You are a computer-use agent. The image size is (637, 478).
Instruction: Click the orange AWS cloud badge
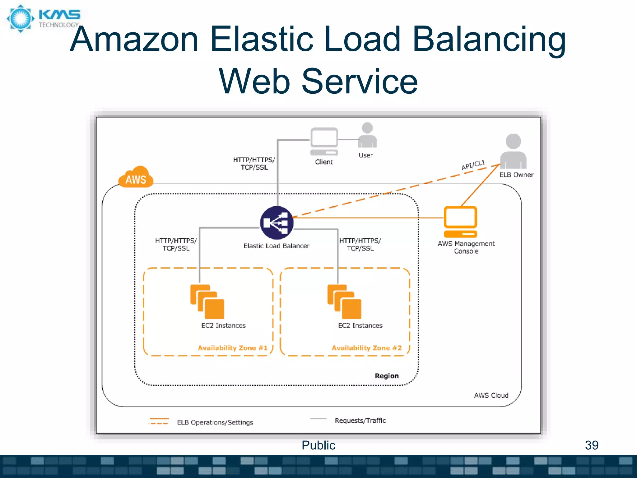coord(136,177)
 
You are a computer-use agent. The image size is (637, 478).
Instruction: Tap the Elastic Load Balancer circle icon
coord(277,223)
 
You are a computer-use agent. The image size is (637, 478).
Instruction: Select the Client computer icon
coord(324,142)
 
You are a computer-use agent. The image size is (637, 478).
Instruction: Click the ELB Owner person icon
coord(513,151)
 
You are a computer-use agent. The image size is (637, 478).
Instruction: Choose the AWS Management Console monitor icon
coord(460,222)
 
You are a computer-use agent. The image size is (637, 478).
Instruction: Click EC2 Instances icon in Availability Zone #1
coord(207,302)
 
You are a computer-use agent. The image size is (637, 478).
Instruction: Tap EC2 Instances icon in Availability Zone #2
coord(344,302)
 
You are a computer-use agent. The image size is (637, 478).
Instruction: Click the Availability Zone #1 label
coord(233,348)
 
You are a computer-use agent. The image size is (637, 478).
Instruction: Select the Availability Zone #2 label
coord(367,348)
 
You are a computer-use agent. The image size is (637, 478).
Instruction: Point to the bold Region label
coord(387,376)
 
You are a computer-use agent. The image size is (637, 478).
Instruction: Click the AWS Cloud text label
coord(491,396)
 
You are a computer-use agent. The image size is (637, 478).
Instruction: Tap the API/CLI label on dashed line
coord(473,165)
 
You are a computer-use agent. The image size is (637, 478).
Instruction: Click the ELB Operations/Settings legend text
coord(215,422)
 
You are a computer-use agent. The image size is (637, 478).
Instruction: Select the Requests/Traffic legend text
coord(360,420)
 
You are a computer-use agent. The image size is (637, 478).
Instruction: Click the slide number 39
coord(592,445)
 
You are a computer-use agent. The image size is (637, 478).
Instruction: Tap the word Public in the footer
coord(318,445)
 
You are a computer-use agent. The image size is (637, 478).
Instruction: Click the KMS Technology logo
coord(44,19)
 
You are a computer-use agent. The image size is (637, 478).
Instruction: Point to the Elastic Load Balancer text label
coord(277,246)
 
